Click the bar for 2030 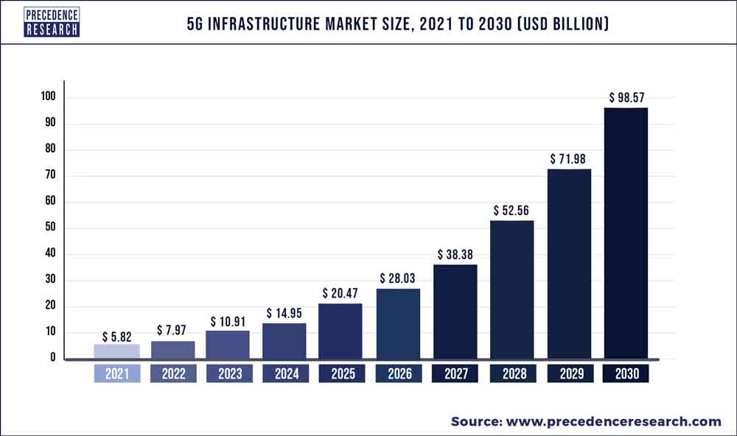[626, 233]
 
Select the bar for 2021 [116, 351]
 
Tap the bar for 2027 [455, 312]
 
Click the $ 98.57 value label [626, 96]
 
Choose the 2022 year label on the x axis [173, 374]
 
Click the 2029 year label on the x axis [569, 374]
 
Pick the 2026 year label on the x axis [399, 374]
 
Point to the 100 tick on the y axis [49, 97]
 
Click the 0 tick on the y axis [52, 359]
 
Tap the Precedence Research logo [51, 23]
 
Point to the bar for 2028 [512, 289]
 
